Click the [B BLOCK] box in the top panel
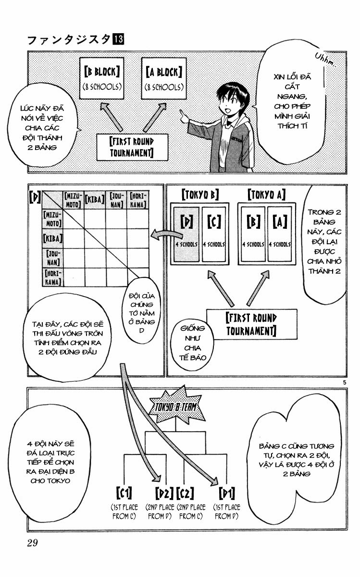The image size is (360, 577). pyautogui.click(x=102, y=78)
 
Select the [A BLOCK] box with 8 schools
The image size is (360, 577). pyautogui.click(x=164, y=78)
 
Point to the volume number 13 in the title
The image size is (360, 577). pyautogui.click(x=118, y=40)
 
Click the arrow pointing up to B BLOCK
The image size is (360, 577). pyautogui.click(x=111, y=117)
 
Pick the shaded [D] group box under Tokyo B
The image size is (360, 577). pyautogui.click(x=186, y=234)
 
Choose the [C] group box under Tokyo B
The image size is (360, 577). pyautogui.click(x=214, y=234)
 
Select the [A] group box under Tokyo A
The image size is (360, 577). pyautogui.click(x=280, y=234)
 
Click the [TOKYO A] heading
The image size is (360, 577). pyautogui.click(x=267, y=195)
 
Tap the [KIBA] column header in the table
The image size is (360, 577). pyautogui.click(x=95, y=200)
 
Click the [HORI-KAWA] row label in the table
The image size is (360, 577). pyautogui.click(x=53, y=277)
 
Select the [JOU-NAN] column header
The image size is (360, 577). pyautogui.click(x=116, y=200)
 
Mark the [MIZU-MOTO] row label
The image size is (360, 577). pyautogui.click(x=53, y=219)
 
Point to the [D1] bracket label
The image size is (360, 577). pyautogui.click(x=226, y=493)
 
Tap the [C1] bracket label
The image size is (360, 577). pyautogui.click(x=124, y=492)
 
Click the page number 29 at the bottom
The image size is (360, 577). pyautogui.click(x=32, y=543)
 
